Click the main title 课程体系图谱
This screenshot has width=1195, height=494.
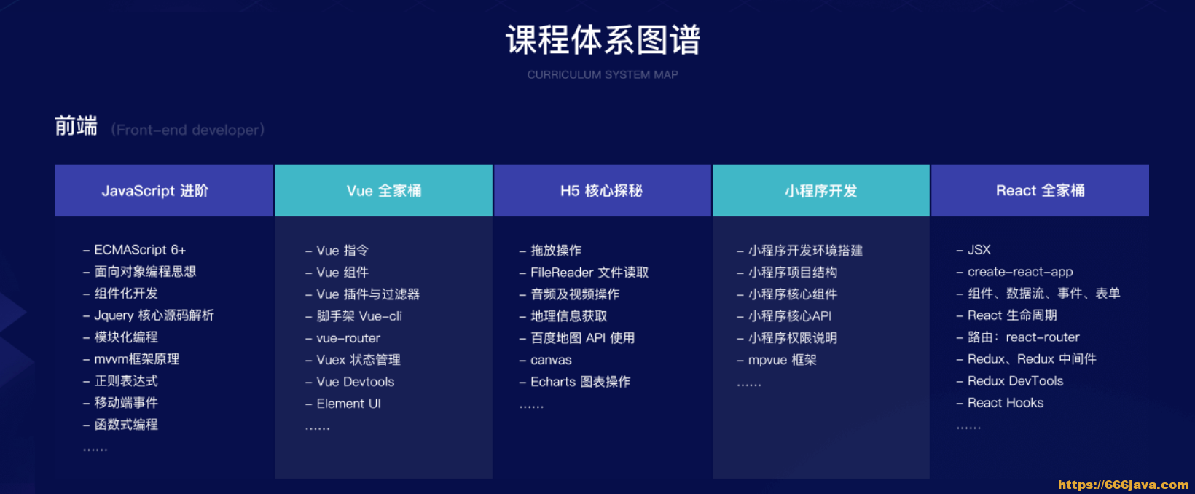pos(603,40)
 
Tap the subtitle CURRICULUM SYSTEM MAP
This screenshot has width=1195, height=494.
pos(603,74)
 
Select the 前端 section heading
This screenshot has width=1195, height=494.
pos(77,126)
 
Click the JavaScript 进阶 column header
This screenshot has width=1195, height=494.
pos(155,191)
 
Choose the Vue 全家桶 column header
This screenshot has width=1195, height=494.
pos(384,191)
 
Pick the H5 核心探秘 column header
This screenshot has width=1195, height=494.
pos(601,191)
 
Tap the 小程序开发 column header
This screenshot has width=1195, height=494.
pos(820,191)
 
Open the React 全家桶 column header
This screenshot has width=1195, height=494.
pos(1040,191)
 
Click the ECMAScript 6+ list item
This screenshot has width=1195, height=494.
pos(140,250)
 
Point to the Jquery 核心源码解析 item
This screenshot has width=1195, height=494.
pos(154,315)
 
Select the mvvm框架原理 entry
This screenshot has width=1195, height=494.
pos(136,359)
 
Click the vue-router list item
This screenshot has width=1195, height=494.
pos(348,338)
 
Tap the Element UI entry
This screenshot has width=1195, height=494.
pos(348,404)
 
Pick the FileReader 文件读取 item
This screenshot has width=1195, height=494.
pos(589,273)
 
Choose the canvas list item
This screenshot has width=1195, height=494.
pos(551,360)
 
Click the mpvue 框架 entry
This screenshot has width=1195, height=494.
pos(782,360)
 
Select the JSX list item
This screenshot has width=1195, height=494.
pos(979,250)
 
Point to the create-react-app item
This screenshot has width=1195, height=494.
pos(1020,272)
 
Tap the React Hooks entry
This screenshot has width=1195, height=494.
pos(1006,403)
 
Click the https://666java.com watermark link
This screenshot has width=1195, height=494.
pos(1123,485)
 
